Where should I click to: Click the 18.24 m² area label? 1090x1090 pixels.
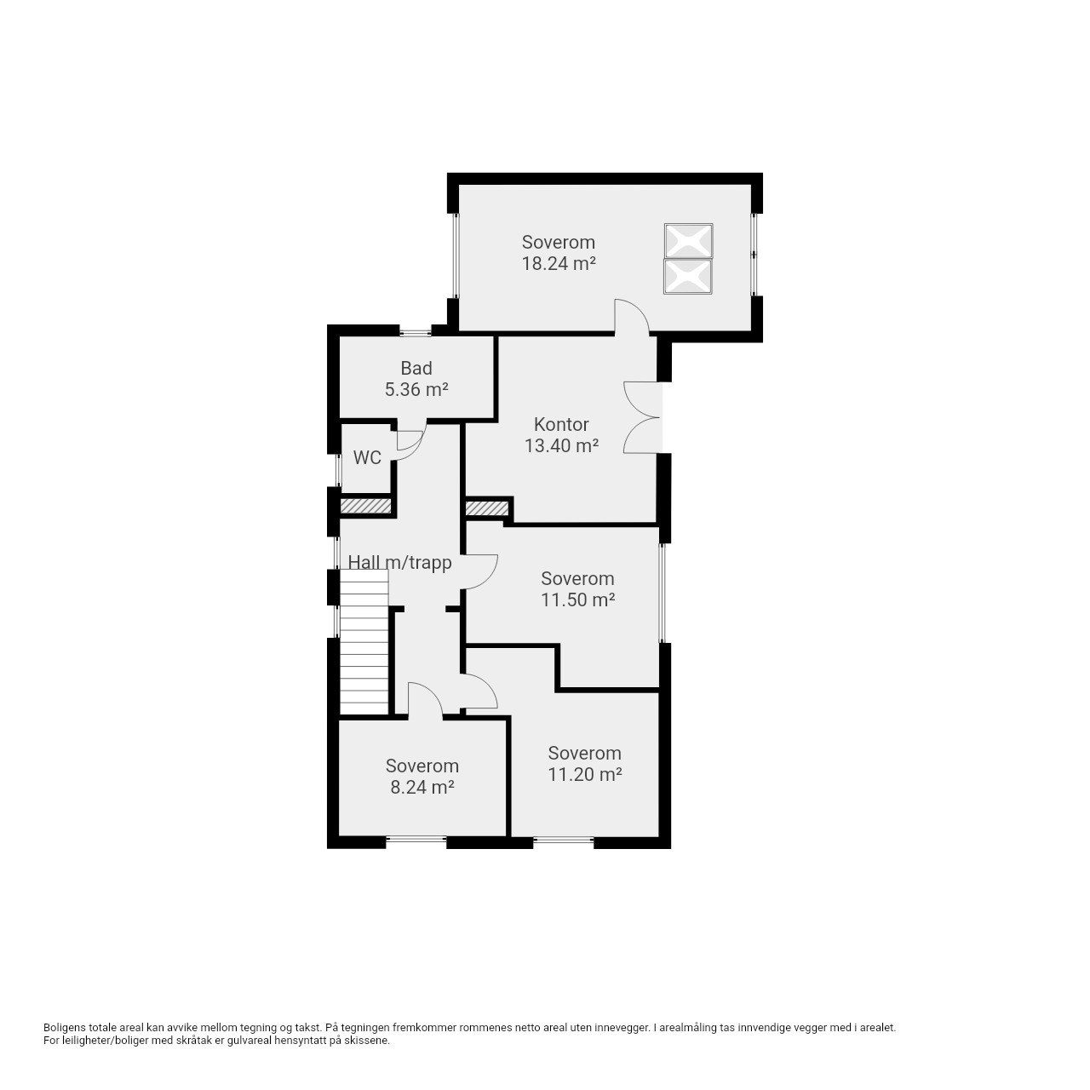pyautogui.click(x=559, y=264)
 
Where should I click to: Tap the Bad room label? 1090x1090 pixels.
pyautogui.click(x=416, y=368)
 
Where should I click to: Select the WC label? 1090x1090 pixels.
pyautogui.click(x=367, y=457)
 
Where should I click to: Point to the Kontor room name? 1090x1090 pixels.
pyautogui.click(x=561, y=424)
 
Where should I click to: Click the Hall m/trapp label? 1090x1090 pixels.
pyautogui.click(x=400, y=562)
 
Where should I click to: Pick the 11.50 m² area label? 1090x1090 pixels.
pyautogui.click(x=577, y=599)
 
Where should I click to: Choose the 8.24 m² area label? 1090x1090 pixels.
pyautogui.click(x=422, y=787)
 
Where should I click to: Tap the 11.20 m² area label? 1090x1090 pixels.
pyautogui.click(x=584, y=774)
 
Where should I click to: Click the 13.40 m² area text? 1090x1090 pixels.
pyautogui.click(x=561, y=445)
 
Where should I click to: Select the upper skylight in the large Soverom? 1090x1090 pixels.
pyautogui.click(x=688, y=241)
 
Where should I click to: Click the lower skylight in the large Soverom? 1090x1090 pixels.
pyautogui.click(x=688, y=277)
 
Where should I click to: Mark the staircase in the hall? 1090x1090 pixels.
pyautogui.click(x=364, y=642)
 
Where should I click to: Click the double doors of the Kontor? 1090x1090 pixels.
pyautogui.click(x=642, y=417)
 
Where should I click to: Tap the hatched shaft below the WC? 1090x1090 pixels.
pyautogui.click(x=365, y=506)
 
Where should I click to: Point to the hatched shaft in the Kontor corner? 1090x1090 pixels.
pyautogui.click(x=487, y=508)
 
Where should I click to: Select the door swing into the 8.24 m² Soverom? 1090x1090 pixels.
pyautogui.click(x=425, y=700)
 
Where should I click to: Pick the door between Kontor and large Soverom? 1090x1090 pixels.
pyautogui.click(x=632, y=317)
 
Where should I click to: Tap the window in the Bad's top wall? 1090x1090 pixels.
pyautogui.click(x=416, y=332)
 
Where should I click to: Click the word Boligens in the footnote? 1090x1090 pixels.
pyautogui.click(x=65, y=1028)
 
